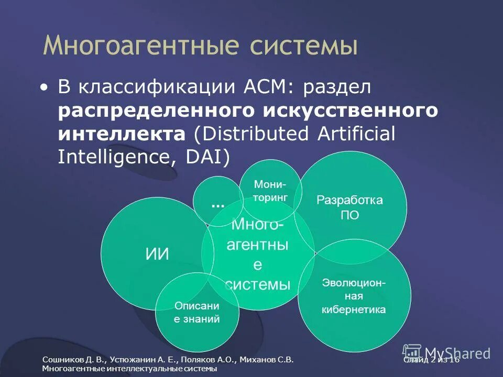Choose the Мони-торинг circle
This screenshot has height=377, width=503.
(x=270, y=191)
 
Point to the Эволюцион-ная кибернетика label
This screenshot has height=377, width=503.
(x=354, y=296)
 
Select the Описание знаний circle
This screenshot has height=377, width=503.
(x=197, y=312)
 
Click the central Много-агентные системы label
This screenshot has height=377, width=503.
(x=257, y=254)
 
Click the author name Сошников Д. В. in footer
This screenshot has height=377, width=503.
(x=74, y=360)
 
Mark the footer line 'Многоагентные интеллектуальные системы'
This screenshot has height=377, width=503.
(x=129, y=369)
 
